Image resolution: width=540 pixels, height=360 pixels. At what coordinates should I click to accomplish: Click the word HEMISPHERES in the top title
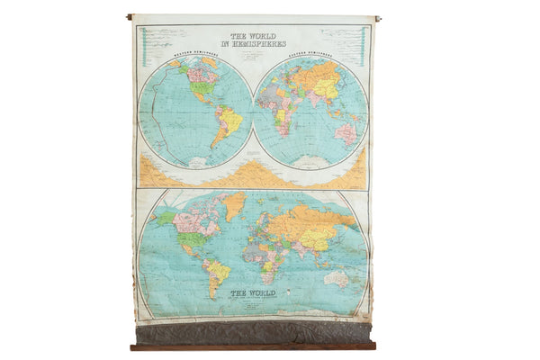point(258,43)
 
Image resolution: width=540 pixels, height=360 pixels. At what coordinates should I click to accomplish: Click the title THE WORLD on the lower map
point(251,292)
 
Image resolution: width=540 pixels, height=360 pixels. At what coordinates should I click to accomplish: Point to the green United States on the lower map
point(191,238)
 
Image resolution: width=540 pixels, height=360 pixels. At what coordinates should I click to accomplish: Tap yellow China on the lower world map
point(318,238)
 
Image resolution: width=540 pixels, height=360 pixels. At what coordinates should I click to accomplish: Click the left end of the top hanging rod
point(130,16)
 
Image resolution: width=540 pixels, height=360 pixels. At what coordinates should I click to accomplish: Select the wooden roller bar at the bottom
point(252,346)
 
